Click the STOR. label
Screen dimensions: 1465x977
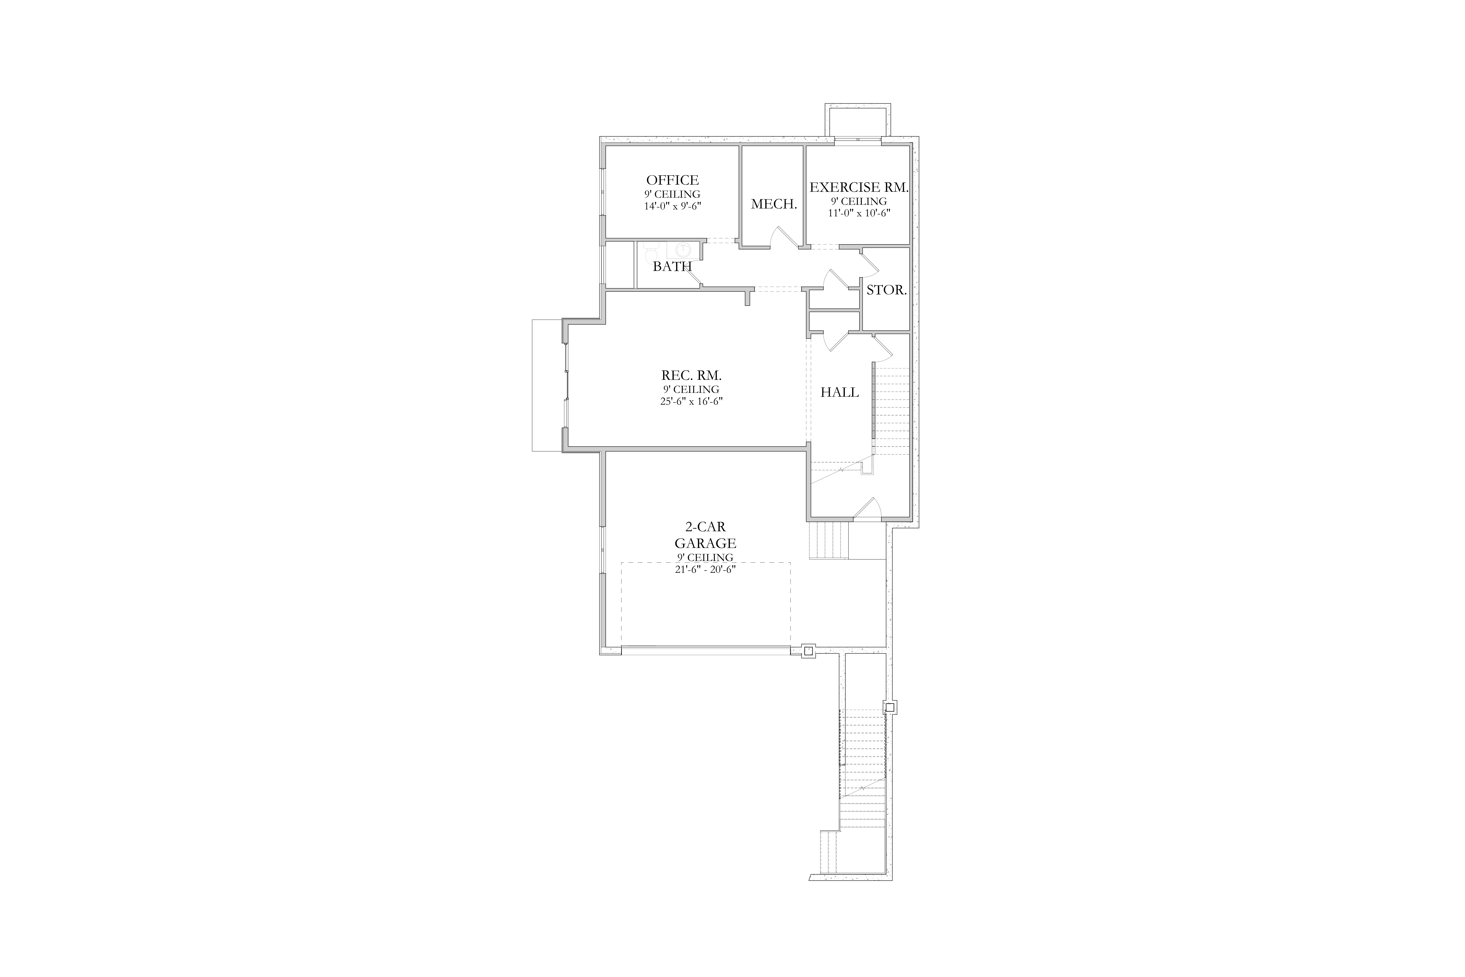(886, 290)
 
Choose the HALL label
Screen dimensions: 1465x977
(840, 392)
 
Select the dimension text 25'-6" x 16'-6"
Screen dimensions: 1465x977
(691, 401)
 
